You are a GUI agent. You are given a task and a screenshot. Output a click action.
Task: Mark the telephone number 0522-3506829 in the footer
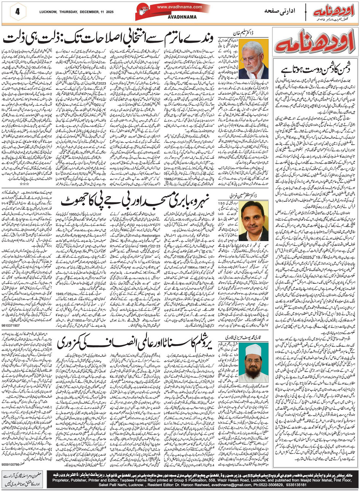[x=280, y=482]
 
